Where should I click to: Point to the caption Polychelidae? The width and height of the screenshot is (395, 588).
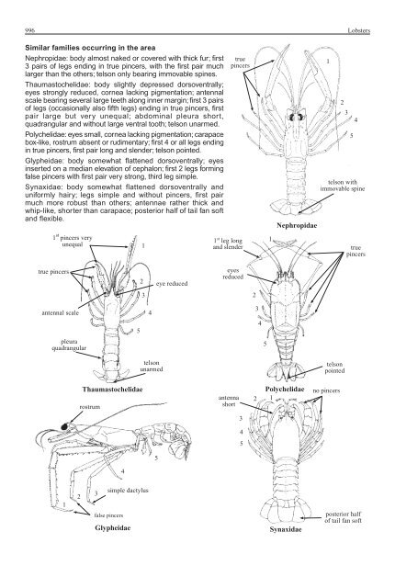point(286,390)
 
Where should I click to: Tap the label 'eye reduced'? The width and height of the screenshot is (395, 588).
point(173,284)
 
